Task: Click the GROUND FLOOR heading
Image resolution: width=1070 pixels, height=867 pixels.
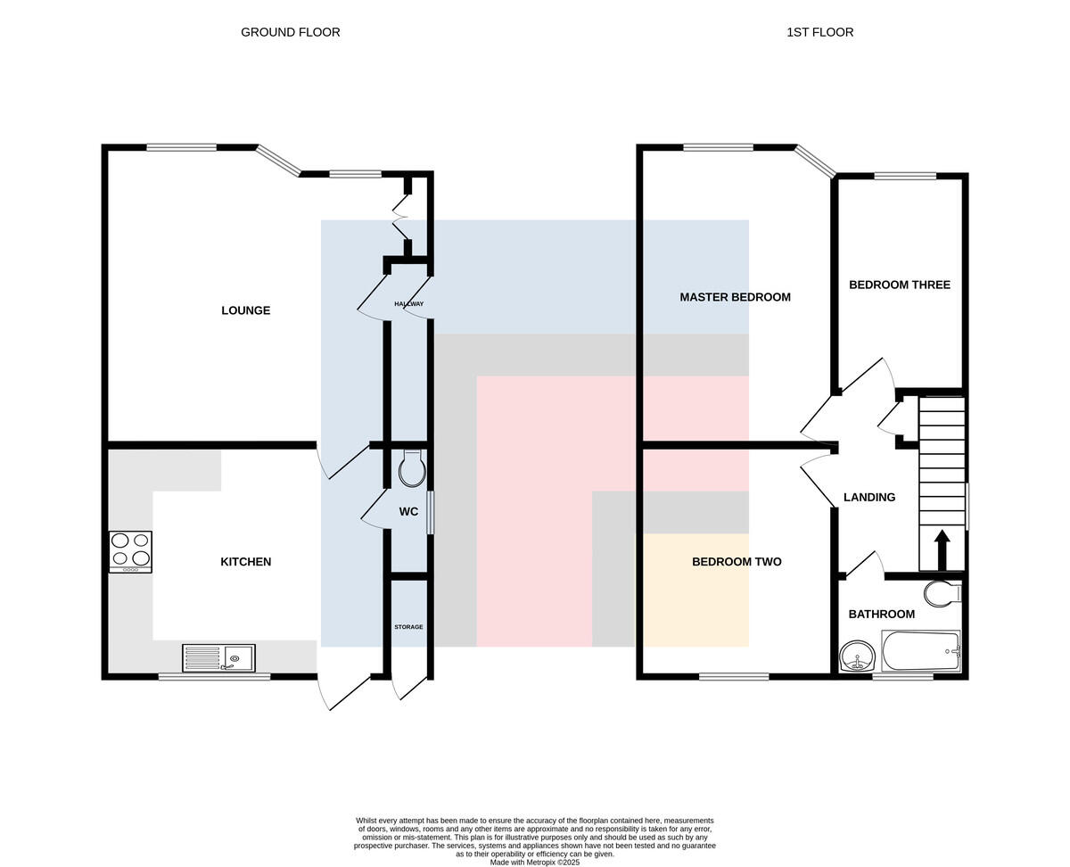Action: tap(291, 32)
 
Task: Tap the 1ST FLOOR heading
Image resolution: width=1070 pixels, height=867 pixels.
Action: tap(819, 32)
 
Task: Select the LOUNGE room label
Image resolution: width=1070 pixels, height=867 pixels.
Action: tap(245, 310)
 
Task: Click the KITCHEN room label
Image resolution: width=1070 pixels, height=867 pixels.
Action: tap(245, 561)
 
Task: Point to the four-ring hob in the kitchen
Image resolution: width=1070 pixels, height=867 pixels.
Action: tap(130, 552)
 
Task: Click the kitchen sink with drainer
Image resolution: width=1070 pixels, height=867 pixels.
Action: tap(219, 657)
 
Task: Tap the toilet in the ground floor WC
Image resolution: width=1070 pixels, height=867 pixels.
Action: tap(412, 468)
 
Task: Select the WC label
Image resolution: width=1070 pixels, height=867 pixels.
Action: tap(408, 512)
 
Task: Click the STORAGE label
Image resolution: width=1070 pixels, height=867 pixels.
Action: tap(408, 627)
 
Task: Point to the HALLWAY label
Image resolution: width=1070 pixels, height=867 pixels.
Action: tap(409, 303)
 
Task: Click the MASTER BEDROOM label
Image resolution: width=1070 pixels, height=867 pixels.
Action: tap(735, 297)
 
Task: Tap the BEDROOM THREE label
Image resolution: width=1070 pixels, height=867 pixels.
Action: tap(899, 285)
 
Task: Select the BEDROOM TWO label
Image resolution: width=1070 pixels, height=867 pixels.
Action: tap(737, 561)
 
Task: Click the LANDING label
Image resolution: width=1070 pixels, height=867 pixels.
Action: tap(869, 497)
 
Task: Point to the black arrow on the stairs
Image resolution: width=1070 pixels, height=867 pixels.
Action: tap(942, 549)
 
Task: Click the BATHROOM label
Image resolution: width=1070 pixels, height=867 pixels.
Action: tap(882, 614)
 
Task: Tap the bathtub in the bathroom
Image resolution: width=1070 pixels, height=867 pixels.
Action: tap(921, 650)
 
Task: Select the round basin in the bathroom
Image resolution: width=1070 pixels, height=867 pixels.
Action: tap(857, 656)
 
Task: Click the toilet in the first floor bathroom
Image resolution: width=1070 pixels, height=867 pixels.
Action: tap(942, 593)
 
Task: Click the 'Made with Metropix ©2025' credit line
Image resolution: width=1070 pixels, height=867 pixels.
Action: tap(534, 863)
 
